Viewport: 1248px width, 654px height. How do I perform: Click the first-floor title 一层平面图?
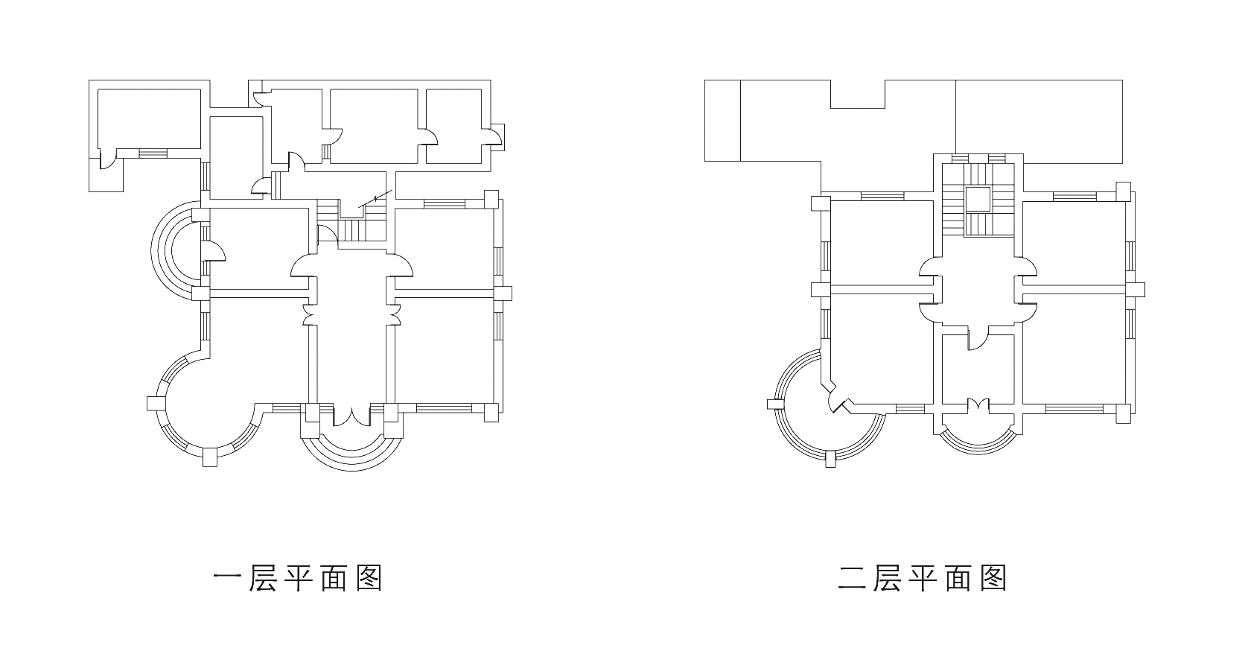click(297, 578)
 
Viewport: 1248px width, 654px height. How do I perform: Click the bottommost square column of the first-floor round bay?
click(211, 457)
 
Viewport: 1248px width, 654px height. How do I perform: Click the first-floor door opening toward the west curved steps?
click(211, 250)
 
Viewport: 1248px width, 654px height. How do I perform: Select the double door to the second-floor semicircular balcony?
click(978, 406)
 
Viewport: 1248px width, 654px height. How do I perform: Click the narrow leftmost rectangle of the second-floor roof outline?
click(722, 120)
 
